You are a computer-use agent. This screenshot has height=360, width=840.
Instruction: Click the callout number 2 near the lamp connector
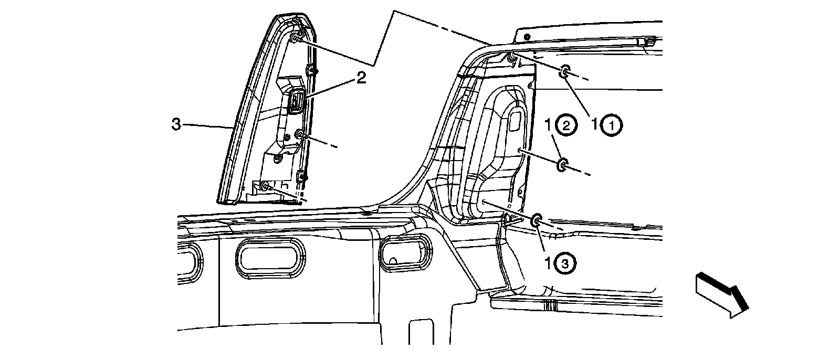[x=361, y=78]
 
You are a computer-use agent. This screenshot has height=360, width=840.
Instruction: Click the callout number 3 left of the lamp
[x=177, y=124]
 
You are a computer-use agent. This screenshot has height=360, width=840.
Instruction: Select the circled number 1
[x=612, y=125]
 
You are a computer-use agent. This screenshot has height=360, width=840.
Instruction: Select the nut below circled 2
[x=562, y=166]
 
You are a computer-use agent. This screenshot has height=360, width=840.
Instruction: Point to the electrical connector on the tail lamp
[x=296, y=100]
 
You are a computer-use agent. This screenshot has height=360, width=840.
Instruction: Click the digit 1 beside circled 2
[x=548, y=125]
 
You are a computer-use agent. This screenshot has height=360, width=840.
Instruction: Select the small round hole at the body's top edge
[x=527, y=37]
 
